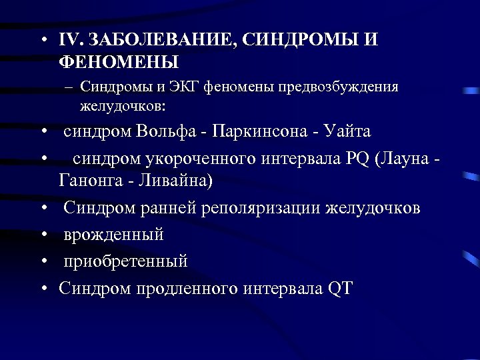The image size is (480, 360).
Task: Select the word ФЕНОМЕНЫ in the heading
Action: coord(119,63)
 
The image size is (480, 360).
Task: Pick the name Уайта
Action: coord(347,131)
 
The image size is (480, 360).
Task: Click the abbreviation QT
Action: coord(341,288)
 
